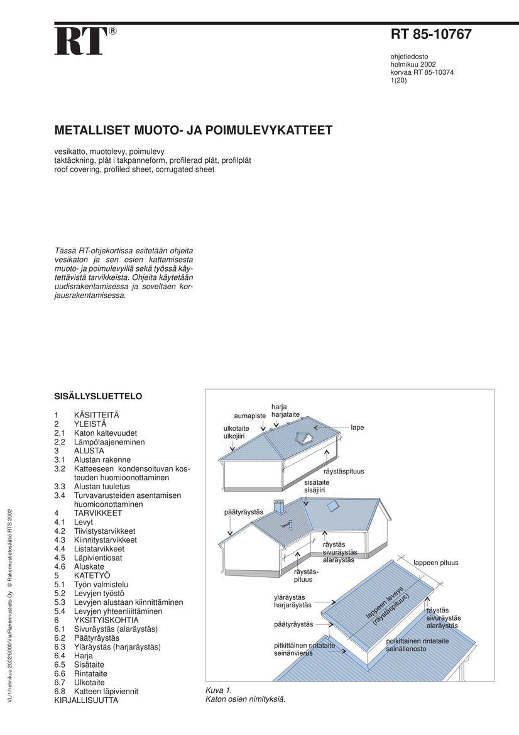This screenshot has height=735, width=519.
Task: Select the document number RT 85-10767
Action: tap(431, 35)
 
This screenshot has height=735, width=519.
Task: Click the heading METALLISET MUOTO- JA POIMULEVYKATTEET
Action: tap(194, 131)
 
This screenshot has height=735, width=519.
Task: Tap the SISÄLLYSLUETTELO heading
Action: tap(99, 397)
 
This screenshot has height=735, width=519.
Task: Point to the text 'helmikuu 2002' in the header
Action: tap(413, 64)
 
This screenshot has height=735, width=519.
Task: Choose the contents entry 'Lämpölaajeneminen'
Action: tap(109, 442)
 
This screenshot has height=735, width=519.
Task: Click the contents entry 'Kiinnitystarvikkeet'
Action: tap(106, 539)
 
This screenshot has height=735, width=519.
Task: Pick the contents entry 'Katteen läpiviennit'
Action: tap(106, 691)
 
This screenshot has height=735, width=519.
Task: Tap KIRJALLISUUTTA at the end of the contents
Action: tap(86, 700)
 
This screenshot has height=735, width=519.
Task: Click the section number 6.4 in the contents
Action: tap(60, 656)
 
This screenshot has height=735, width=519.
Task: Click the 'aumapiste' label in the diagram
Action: tap(250, 416)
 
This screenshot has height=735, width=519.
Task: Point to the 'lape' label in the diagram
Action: tap(358, 428)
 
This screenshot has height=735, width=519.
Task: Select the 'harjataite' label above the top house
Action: tap(286, 415)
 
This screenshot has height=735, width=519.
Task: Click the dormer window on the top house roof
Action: tap(305, 438)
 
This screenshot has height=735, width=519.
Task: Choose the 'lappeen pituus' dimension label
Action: tap(436, 563)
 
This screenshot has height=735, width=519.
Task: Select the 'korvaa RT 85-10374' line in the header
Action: tap(422, 72)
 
